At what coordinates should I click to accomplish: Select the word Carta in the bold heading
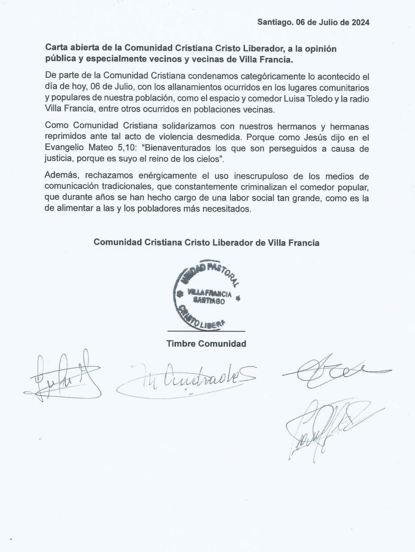tap(55, 48)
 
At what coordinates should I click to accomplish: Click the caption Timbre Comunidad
tap(206, 344)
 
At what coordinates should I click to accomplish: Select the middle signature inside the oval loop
tap(187, 376)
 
